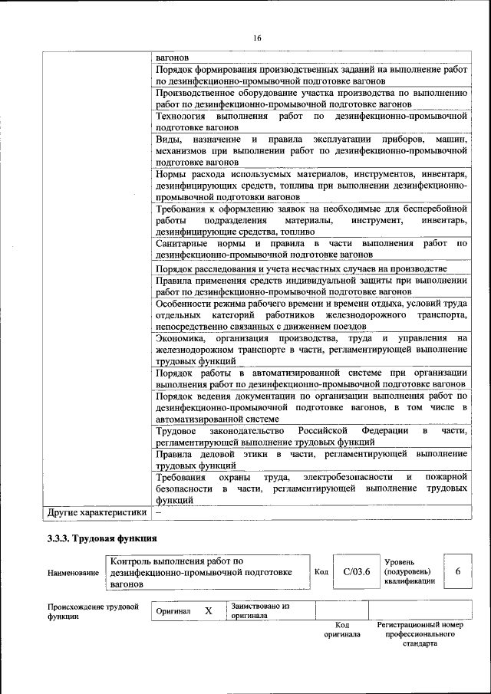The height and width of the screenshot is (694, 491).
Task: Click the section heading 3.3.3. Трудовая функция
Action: click(102, 538)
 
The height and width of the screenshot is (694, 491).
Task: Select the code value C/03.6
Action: click(357, 571)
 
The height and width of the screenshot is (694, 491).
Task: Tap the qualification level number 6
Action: click(458, 571)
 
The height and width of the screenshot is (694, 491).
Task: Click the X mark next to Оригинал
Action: click(208, 611)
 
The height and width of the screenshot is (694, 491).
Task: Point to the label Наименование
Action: click(73, 573)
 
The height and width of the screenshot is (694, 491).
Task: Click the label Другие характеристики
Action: click(97, 512)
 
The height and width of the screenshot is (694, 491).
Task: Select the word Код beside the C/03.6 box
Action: click(322, 571)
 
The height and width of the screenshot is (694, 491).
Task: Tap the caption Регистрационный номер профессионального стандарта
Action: click(420, 634)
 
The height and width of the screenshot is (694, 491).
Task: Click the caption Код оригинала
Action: click(342, 630)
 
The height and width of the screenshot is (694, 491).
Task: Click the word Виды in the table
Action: click(168, 140)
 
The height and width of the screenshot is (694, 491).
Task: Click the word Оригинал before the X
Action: click(173, 611)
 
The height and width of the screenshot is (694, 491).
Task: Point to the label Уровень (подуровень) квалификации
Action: click(410, 571)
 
